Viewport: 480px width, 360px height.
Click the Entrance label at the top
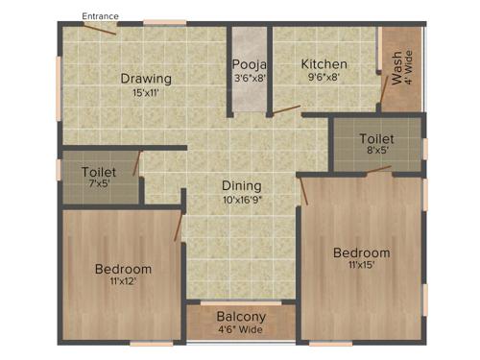click(101, 16)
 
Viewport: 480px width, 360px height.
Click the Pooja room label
click(249, 65)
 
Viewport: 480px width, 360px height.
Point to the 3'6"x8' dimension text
click(249, 79)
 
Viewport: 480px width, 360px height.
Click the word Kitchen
click(324, 64)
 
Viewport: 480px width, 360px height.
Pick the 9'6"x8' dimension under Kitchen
click(324, 78)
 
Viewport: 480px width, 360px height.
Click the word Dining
click(242, 186)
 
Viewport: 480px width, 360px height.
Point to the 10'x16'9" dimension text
click(242, 200)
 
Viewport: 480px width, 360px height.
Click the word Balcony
click(241, 317)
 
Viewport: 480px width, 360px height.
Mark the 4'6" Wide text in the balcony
click(241, 330)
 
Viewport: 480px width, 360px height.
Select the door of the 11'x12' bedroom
click(178, 224)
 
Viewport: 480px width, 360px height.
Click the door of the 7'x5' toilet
click(137, 162)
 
